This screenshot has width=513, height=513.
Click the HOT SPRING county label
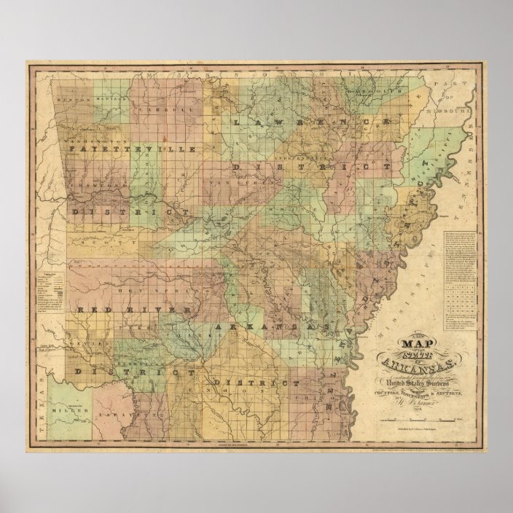pyautogui.click(x=156, y=283)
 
